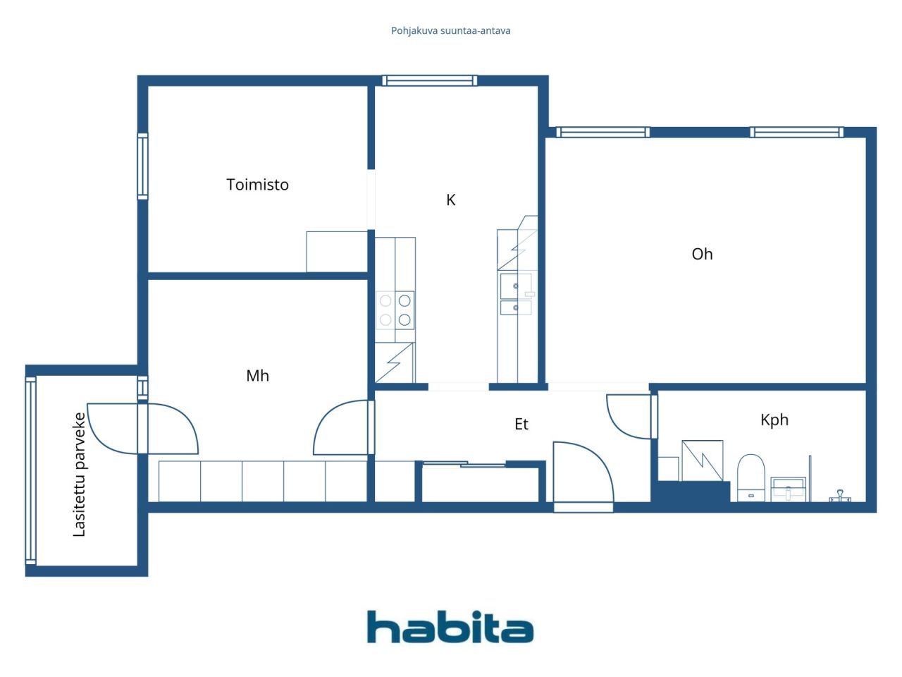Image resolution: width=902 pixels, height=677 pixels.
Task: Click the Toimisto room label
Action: coord(257,185)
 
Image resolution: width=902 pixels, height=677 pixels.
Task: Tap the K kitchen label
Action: coord(451,200)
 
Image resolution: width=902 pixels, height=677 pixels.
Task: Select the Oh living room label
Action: coord(702,254)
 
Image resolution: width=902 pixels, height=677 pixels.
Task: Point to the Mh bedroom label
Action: coord(257,376)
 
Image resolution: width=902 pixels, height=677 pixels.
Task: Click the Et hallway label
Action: coord(521,424)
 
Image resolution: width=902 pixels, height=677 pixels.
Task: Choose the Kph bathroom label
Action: coord(774,420)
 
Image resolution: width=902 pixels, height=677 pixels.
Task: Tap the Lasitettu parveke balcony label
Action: coord(80,474)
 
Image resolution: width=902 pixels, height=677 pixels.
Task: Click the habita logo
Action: coord(450,627)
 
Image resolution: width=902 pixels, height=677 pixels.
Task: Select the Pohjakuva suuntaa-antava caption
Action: coord(451,30)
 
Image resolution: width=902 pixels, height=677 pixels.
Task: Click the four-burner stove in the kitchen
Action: coord(395,310)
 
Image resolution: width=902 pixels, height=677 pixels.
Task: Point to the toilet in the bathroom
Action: coord(750,477)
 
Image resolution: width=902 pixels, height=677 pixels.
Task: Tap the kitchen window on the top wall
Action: coord(429,80)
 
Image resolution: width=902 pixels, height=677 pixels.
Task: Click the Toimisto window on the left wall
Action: coord(142,166)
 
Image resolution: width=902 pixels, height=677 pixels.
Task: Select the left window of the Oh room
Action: coord(603,132)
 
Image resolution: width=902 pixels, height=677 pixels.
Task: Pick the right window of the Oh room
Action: coord(796,132)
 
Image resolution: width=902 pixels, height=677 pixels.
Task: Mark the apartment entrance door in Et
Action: coord(583,474)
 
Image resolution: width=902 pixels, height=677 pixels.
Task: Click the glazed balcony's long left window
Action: coord(30,470)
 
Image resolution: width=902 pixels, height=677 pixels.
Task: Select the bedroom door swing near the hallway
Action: coord(341,428)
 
